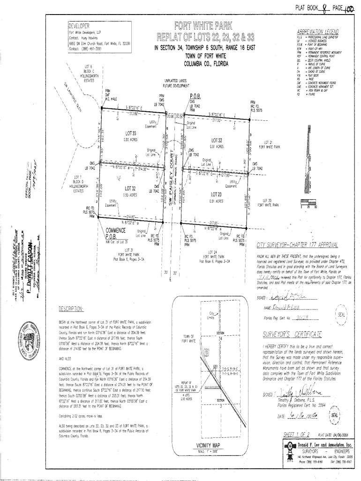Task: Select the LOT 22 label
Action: (217, 140)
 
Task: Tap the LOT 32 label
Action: (130, 189)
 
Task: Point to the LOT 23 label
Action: (216, 194)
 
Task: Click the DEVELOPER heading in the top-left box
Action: (79, 26)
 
